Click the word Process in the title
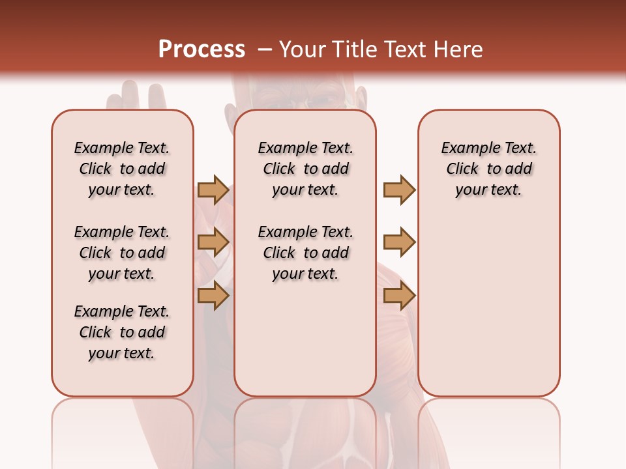(x=201, y=50)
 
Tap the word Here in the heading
(x=459, y=50)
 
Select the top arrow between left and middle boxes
(x=213, y=190)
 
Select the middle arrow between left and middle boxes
(x=213, y=243)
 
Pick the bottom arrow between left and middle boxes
(x=213, y=296)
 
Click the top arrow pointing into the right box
(x=399, y=190)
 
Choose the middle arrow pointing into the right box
(x=399, y=243)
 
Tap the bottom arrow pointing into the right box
(x=399, y=296)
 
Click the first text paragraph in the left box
(x=122, y=169)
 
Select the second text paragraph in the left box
(x=122, y=253)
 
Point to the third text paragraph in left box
(x=122, y=332)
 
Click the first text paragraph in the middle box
(x=305, y=169)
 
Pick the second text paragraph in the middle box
(x=305, y=253)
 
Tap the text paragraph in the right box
(x=488, y=169)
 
